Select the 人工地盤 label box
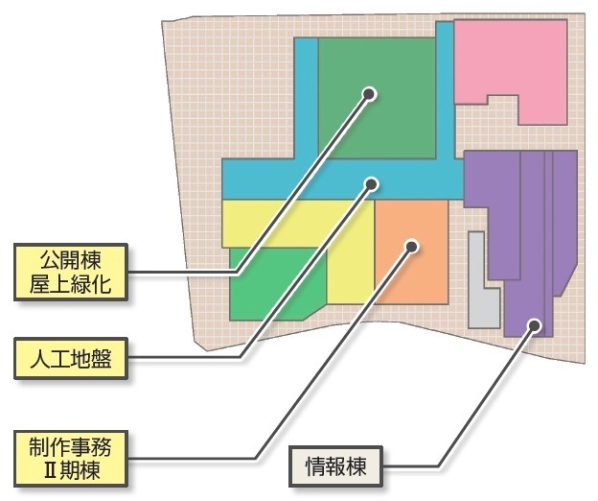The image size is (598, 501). [x=71, y=360]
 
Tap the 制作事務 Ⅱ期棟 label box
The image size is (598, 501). [x=71, y=457]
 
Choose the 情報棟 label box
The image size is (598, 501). [x=336, y=467]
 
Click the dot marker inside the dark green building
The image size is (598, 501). [x=369, y=93]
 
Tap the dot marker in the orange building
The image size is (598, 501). [x=411, y=246]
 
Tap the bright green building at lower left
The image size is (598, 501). [x=273, y=293]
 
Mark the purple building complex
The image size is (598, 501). [x=522, y=230]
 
